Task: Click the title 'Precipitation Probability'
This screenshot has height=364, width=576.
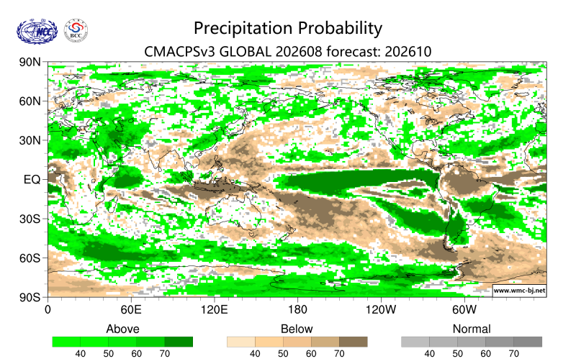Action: click(x=288, y=29)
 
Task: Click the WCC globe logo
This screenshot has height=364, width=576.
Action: click(x=37, y=32)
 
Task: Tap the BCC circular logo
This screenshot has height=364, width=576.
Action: click(x=76, y=31)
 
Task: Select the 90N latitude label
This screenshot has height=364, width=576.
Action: click(x=30, y=62)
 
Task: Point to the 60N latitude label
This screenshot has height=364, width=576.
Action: click(x=30, y=101)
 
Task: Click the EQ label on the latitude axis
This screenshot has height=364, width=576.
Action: click(x=32, y=179)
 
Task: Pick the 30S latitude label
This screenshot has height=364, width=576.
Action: click(x=30, y=219)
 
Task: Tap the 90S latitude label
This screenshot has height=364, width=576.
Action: click(x=30, y=297)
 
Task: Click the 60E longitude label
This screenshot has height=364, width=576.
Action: click(x=131, y=310)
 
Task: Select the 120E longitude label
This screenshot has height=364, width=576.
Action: click(x=214, y=310)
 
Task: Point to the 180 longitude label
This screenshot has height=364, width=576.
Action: click(x=297, y=310)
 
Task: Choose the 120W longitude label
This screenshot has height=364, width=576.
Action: click(x=381, y=310)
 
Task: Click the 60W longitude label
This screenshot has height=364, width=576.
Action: click(x=464, y=310)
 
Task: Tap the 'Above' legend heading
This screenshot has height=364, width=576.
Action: click(x=122, y=329)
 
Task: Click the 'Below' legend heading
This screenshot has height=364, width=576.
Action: click(x=297, y=329)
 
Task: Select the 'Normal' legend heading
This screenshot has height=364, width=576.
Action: click(x=472, y=329)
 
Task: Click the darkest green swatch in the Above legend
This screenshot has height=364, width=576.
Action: click(x=179, y=342)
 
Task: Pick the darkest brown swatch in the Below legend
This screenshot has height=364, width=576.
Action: click(x=353, y=342)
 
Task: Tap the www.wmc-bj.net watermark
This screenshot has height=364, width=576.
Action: click(x=519, y=290)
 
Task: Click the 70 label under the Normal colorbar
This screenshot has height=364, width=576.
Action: click(x=513, y=354)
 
